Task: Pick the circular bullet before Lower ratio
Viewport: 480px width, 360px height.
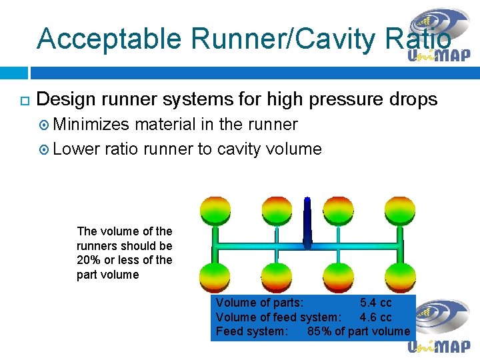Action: tap(43, 149)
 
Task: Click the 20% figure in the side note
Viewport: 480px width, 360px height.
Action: tap(89, 260)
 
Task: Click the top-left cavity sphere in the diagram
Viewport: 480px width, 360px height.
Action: tap(215, 210)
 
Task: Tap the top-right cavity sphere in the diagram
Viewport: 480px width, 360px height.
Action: tap(399, 210)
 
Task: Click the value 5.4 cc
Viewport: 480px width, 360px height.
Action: tap(376, 303)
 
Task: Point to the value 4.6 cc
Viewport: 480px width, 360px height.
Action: tap(376, 317)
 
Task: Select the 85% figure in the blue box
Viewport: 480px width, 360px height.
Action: tap(319, 331)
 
